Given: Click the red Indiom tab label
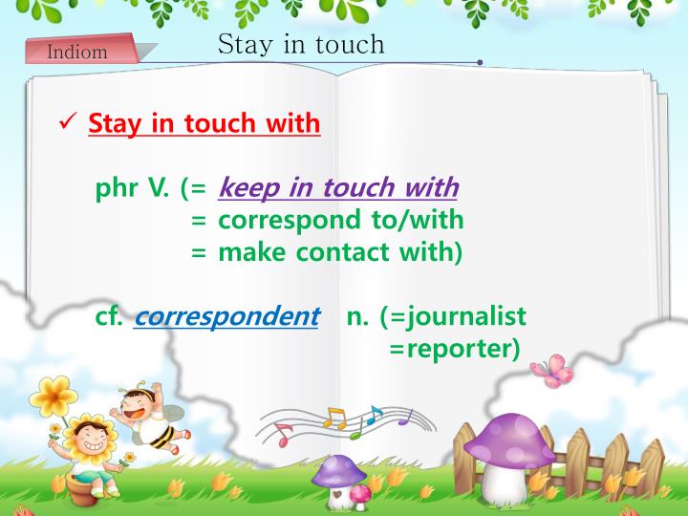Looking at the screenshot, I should pos(77,52).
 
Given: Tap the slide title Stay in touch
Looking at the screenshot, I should pos(301,44).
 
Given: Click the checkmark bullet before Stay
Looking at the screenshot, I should pos(68,123).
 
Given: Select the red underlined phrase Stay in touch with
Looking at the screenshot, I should pos(204,124).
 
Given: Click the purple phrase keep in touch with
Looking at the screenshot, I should pos(338,188).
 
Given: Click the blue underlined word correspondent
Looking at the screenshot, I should pos(226,316).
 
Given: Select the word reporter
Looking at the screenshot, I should pos(457,349).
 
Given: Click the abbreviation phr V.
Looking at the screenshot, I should pos(131,188).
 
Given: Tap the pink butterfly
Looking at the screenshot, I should pos(550,369).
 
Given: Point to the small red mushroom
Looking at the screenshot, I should pos(360,493).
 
